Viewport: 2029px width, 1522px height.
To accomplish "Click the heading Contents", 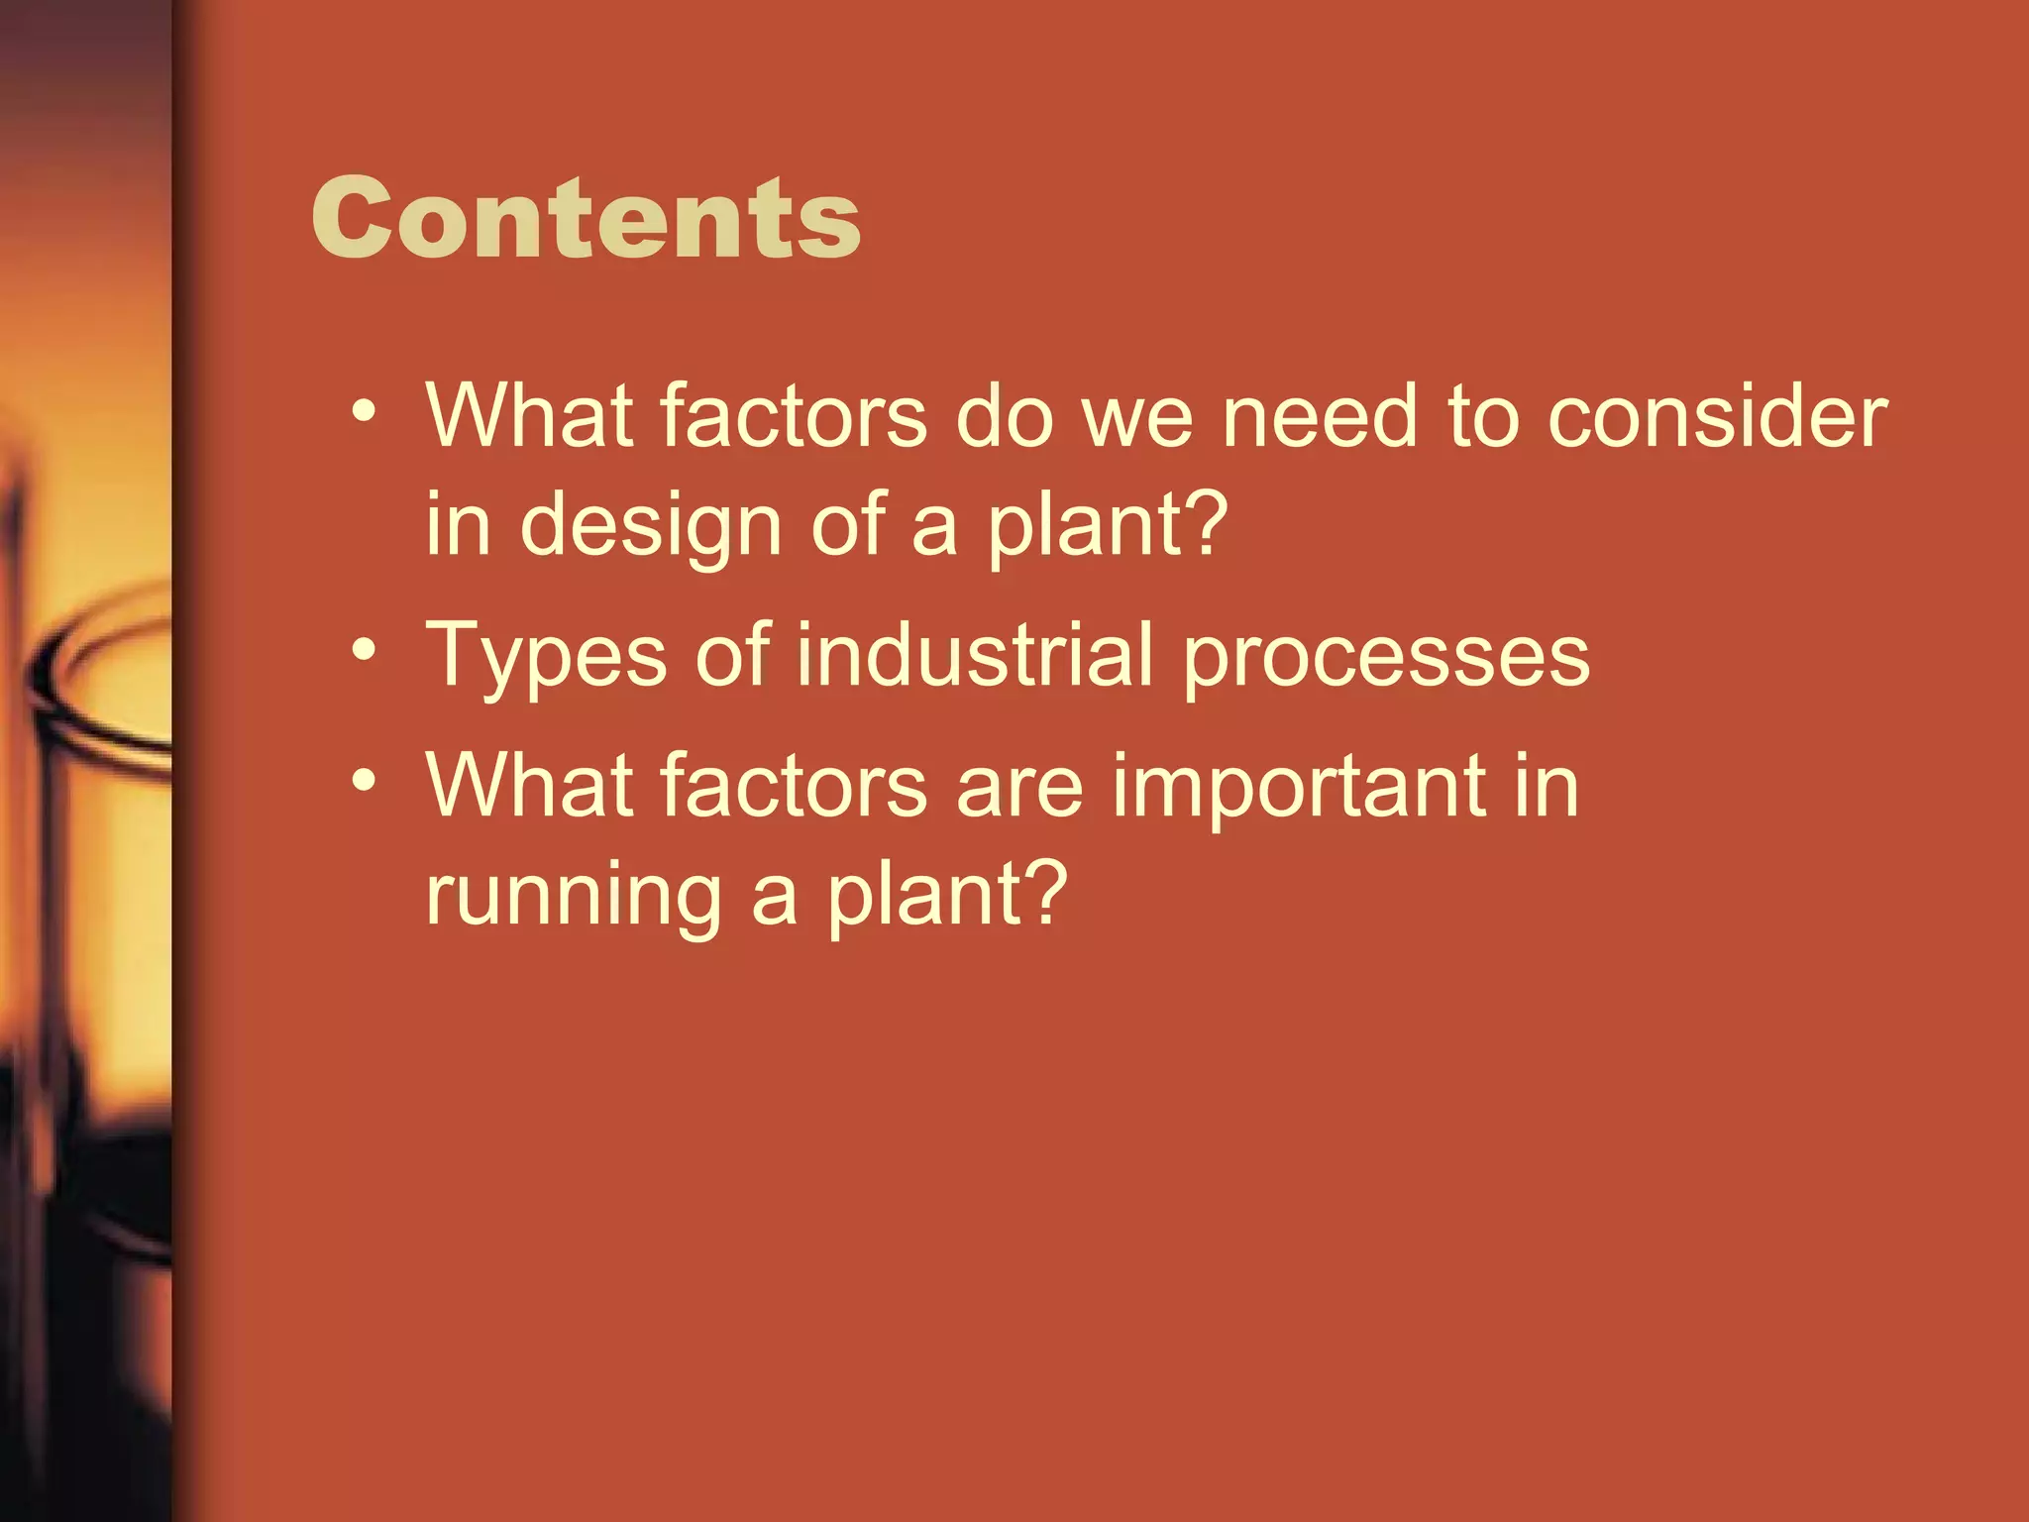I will point(586,218).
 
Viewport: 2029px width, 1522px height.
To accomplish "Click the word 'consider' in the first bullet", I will point(1717,416).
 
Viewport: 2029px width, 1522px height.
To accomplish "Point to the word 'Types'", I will point(546,656).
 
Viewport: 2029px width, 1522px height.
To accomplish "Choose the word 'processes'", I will point(1386,658).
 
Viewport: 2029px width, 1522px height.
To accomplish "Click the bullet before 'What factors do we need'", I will point(364,411).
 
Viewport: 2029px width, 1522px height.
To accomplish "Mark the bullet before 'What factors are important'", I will point(364,781).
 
